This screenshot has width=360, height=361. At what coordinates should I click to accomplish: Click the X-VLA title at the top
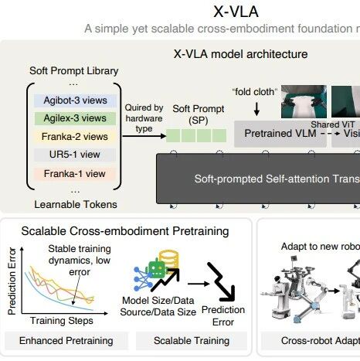(240, 12)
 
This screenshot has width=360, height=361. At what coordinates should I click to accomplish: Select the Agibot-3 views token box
(71, 100)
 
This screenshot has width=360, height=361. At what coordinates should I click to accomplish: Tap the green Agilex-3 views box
(71, 118)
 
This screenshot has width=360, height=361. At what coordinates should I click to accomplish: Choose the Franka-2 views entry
(71, 136)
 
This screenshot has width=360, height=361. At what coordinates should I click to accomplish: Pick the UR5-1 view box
(71, 155)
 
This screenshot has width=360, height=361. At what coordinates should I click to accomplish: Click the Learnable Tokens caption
(65, 204)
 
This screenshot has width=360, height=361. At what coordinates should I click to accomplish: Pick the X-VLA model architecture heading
(239, 54)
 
